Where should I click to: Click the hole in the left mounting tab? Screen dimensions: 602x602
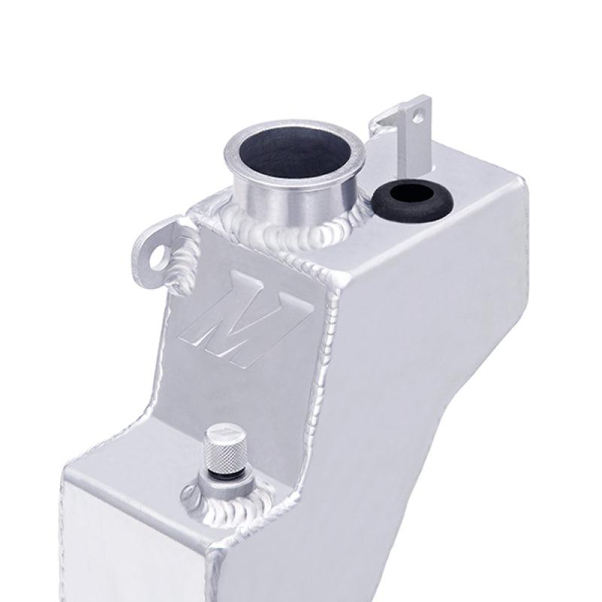point(158,257)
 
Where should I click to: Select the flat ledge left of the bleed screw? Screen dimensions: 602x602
point(120,467)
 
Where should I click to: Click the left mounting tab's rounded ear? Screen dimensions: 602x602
point(150,252)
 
